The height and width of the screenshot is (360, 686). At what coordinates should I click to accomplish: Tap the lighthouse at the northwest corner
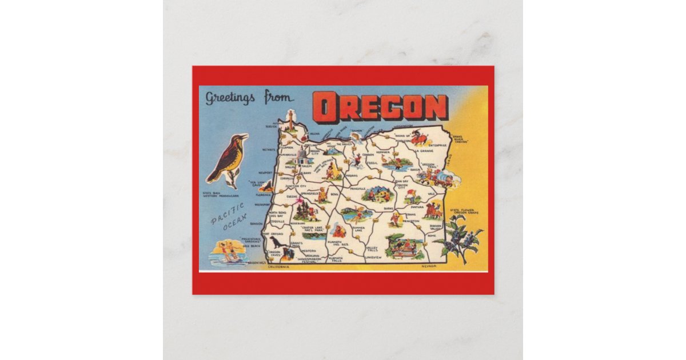(290, 121)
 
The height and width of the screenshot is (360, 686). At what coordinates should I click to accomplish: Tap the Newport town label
(266, 172)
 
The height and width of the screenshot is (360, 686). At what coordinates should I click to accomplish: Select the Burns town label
(388, 209)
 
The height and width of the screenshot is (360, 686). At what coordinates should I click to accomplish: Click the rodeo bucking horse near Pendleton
(420, 139)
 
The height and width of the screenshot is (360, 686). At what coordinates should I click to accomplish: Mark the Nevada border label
(429, 266)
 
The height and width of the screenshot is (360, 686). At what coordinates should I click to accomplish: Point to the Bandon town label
(256, 223)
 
